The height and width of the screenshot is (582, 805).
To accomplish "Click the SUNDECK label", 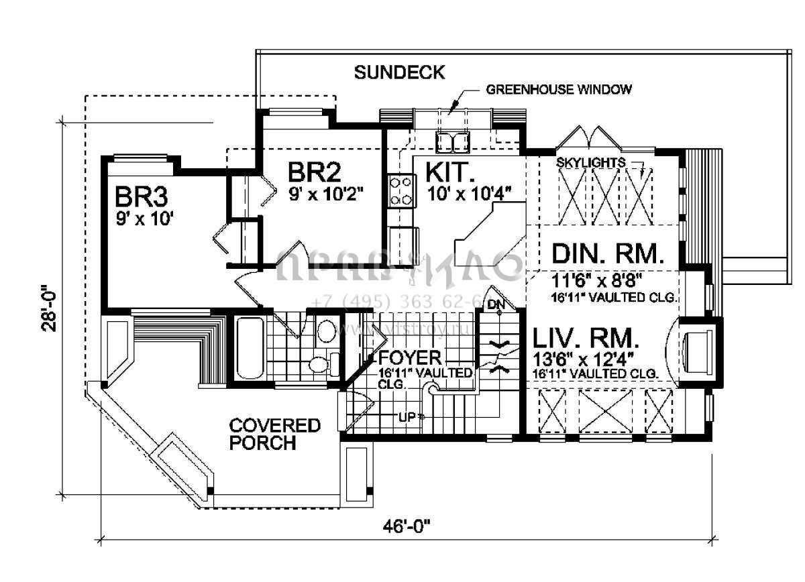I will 399,72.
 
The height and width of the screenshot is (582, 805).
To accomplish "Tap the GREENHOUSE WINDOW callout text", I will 559,89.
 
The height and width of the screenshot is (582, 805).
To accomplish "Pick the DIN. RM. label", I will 608,254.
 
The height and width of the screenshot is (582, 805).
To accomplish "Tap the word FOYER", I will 410,357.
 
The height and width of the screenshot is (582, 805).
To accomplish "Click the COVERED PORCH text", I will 274,434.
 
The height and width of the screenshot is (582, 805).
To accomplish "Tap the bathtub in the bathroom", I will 250,348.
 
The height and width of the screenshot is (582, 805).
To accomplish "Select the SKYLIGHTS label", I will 591,162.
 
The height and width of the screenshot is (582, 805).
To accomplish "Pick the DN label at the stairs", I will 496,305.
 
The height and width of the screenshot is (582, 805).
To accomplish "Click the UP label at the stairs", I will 407,416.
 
